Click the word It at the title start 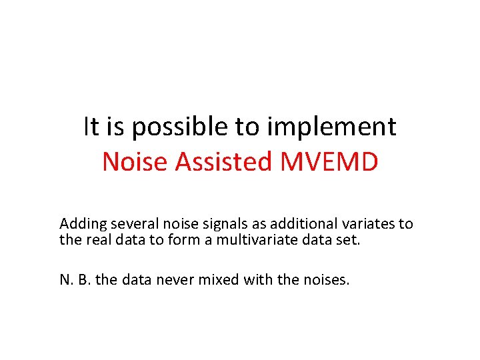pyautogui.click(x=91, y=126)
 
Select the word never pyautogui.click(x=174, y=279)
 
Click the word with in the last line pyautogui.click(x=258, y=279)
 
